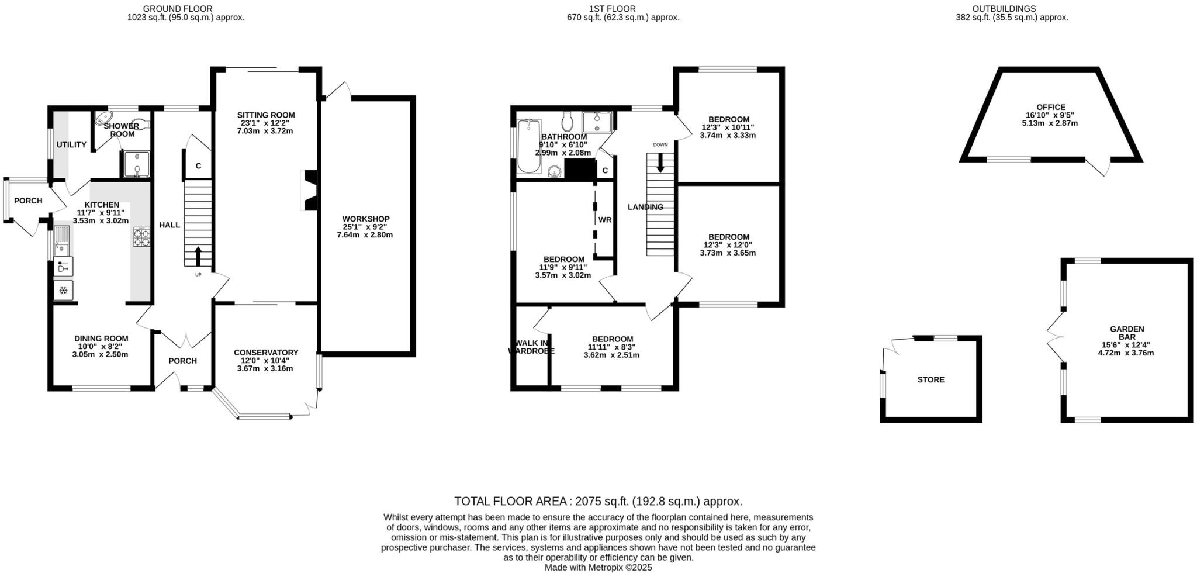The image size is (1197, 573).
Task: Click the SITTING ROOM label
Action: tap(266, 115)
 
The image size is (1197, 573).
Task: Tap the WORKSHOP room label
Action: tap(366, 219)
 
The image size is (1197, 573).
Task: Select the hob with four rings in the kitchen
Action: tap(141, 237)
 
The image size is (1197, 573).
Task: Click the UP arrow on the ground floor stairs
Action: tap(198, 256)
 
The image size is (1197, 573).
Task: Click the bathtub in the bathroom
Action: tap(529, 146)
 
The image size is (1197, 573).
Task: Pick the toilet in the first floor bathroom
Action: tap(566, 121)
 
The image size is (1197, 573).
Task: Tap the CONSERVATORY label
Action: tap(266, 353)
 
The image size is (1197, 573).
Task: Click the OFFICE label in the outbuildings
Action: tap(1051, 107)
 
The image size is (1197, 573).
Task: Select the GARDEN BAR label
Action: tap(1127, 333)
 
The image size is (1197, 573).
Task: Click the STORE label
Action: tap(930, 379)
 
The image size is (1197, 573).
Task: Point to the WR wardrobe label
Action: tap(604, 220)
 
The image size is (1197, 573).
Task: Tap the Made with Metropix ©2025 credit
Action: tap(598, 567)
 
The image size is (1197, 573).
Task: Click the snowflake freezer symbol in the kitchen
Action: tap(63, 289)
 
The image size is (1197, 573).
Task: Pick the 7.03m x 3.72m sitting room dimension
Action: tap(265, 131)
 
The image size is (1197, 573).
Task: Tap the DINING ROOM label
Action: tap(101, 338)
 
